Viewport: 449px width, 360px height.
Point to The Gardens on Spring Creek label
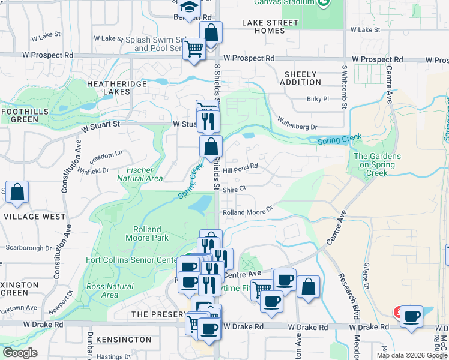point(377,164)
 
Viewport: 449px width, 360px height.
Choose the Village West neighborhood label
point(34,216)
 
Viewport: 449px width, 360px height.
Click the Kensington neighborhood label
point(124,340)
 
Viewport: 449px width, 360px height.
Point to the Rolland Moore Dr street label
point(247,212)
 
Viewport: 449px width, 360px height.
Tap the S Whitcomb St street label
point(345,87)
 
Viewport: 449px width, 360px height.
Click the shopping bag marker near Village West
point(17,192)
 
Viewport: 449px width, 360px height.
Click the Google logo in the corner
point(20,353)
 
